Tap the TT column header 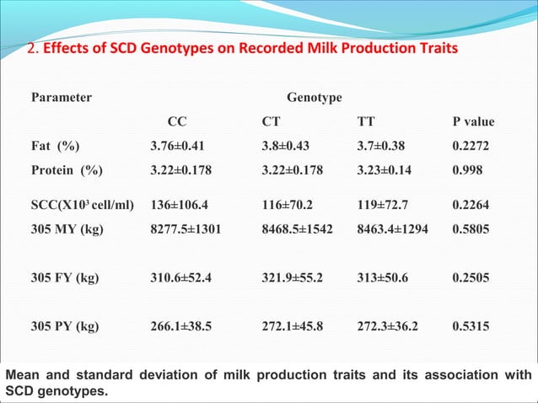[x=366, y=122]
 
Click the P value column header [x=473, y=122]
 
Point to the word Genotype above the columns [x=315, y=98]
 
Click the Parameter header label [x=62, y=98]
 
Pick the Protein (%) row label [x=67, y=169]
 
